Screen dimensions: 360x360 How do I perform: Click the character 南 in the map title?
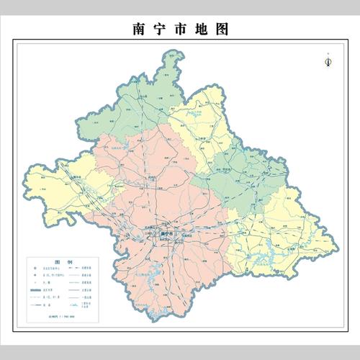pos(140,30)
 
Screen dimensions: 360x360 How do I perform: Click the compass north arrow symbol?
pos(328,62)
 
